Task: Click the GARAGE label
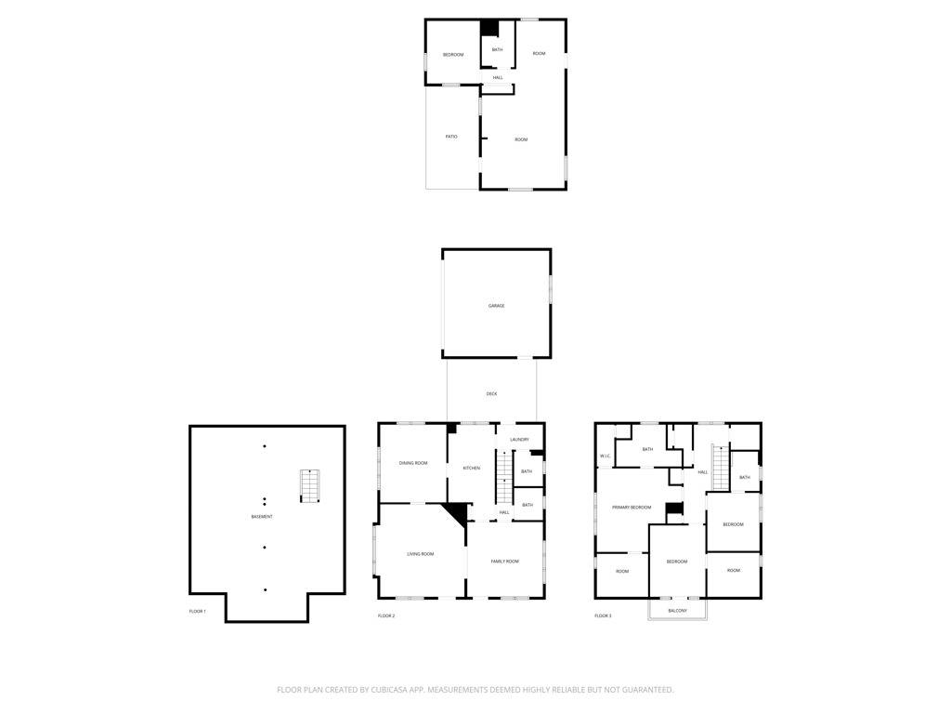click(x=497, y=306)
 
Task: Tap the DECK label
click(x=491, y=394)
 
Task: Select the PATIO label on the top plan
click(x=451, y=137)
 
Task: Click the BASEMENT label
click(x=262, y=517)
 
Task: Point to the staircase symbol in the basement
click(x=309, y=485)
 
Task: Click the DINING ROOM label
click(x=413, y=463)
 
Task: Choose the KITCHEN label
click(x=472, y=468)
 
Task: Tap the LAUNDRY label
click(x=519, y=440)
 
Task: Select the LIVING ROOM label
click(x=421, y=554)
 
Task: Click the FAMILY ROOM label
click(x=504, y=562)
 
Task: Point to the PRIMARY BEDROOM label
click(x=632, y=508)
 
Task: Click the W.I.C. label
click(x=605, y=456)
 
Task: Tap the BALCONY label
click(x=677, y=611)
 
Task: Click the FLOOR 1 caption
click(x=198, y=611)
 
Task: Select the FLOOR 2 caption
click(x=386, y=615)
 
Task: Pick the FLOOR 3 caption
click(x=604, y=615)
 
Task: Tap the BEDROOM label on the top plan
click(x=453, y=55)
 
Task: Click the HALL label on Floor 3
click(x=703, y=472)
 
